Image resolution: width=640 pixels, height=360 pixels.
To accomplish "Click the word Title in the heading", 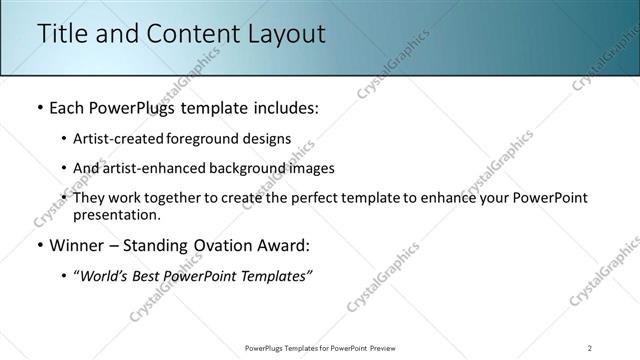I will pyautogui.click(x=62, y=33).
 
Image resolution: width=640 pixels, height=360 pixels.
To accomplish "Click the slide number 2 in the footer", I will pyautogui.click(x=590, y=347).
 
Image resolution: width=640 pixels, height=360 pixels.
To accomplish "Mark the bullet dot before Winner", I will pyautogui.click(x=39, y=245).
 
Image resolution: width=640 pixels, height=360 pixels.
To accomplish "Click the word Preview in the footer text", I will pyautogui.click(x=386, y=347).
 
